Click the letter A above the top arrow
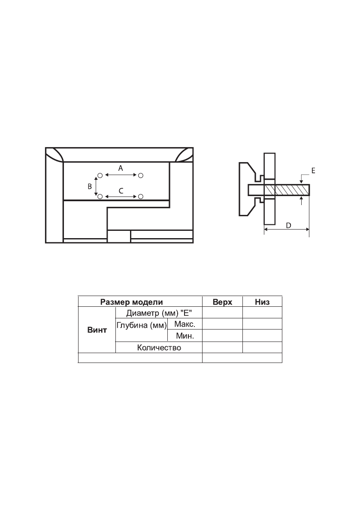coord(121,168)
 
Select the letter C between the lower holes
coord(121,191)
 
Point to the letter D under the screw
coord(288,226)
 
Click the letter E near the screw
coord(313,170)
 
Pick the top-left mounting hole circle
coord(100,175)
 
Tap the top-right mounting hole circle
coord(141,175)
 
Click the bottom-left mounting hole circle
coord(100,196)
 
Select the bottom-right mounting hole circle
coord(141,196)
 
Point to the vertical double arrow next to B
coord(96,186)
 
